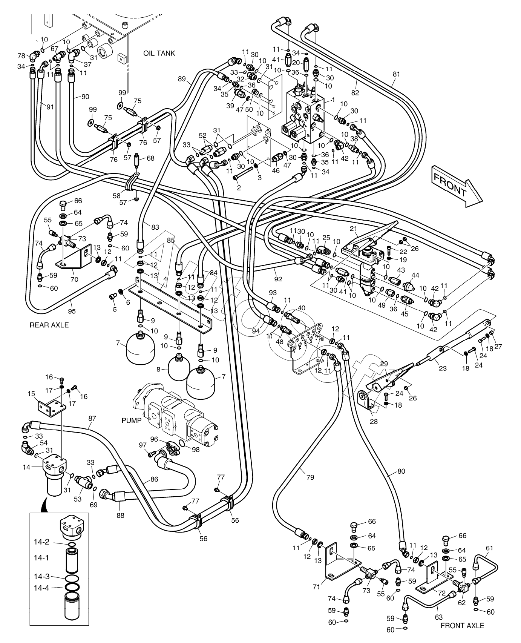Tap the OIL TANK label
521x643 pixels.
tap(159, 53)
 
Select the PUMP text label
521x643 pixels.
tap(132, 420)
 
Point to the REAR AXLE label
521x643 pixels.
tap(49, 325)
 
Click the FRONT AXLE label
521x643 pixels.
tap(462, 626)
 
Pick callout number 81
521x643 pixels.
tap(396, 74)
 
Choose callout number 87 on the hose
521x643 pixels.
tap(92, 418)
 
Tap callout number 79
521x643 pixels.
tap(310, 477)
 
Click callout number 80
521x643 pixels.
tap(401, 471)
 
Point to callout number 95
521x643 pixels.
tap(72, 311)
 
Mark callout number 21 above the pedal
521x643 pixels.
tap(353, 229)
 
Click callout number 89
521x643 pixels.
tap(182, 79)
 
